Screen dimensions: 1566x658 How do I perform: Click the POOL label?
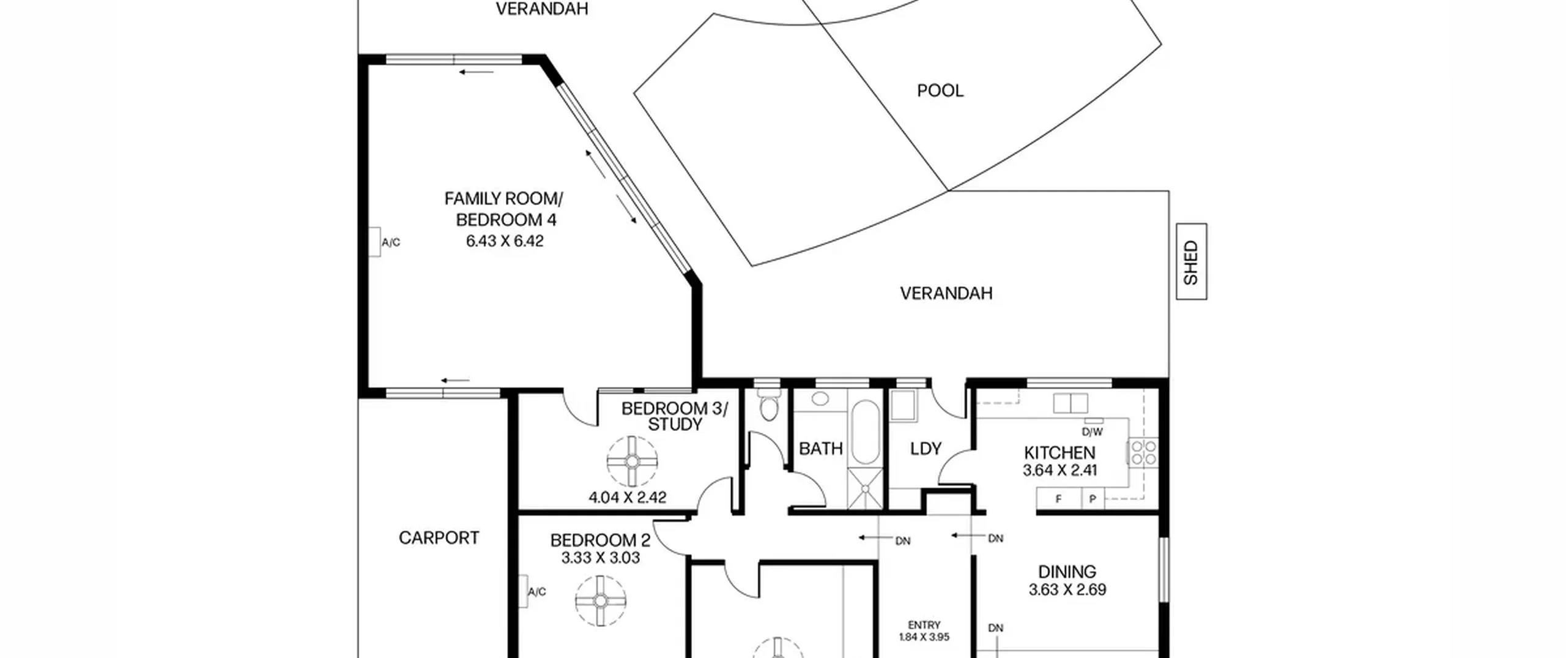[940, 91]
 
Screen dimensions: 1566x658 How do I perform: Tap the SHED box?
[1192, 261]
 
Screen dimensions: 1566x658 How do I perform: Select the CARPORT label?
[439, 537]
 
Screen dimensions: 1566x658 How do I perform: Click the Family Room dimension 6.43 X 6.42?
[505, 241]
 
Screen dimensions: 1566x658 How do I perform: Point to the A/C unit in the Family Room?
[374, 242]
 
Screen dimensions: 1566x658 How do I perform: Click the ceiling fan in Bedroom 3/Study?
[632, 462]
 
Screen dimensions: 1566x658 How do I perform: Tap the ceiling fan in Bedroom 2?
[601, 600]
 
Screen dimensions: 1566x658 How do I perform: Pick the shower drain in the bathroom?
[865, 488]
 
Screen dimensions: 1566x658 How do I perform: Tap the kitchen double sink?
[1071, 403]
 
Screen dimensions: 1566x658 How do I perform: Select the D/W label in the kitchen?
[1093, 432]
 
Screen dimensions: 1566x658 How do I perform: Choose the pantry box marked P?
[1093, 498]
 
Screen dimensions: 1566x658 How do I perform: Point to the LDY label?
[926, 449]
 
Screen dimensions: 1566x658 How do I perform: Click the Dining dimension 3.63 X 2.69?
[1067, 590]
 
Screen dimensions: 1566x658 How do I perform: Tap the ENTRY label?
[924, 625]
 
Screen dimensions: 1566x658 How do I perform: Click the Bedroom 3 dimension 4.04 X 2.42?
[627, 498]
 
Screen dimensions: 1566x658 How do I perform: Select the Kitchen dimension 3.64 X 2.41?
[1059, 470]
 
